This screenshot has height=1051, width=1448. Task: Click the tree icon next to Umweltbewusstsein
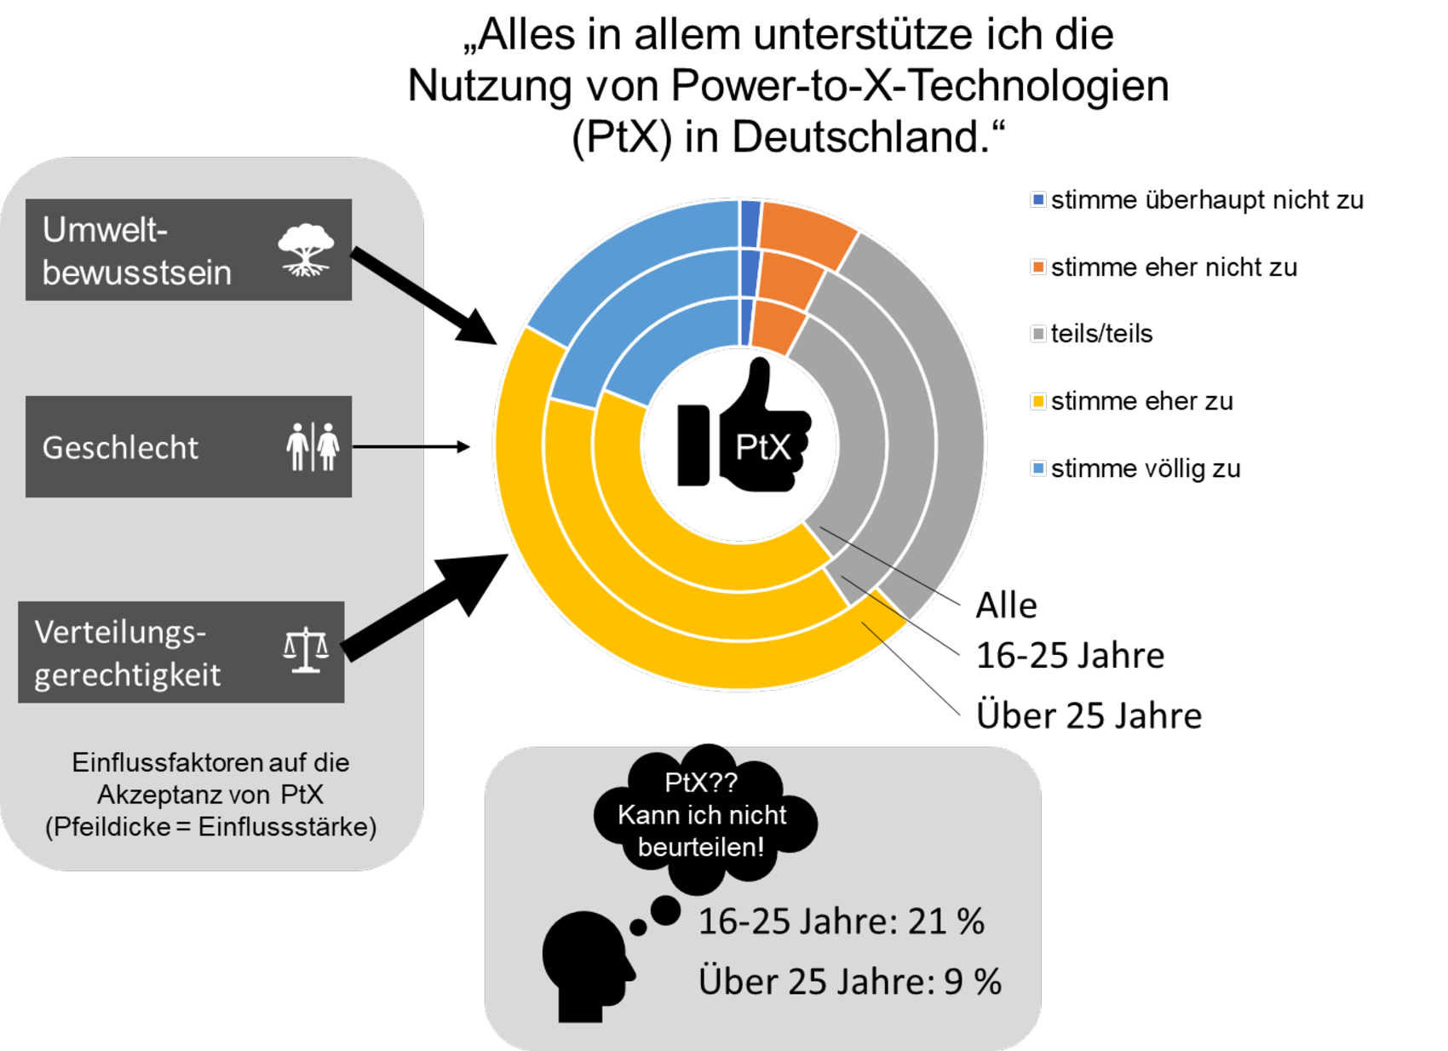tap(306, 250)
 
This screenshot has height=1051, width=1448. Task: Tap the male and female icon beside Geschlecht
tap(313, 446)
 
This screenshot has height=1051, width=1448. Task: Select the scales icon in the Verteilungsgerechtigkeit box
tap(306, 652)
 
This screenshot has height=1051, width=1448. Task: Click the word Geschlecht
tap(120, 448)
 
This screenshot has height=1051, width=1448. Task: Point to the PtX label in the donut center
tap(762, 447)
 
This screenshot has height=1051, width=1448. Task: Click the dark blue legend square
tap(1038, 199)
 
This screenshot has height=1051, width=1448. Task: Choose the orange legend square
tap(1038, 267)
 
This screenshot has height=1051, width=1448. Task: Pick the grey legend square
tap(1038, 334)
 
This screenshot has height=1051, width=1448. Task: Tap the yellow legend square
tap(1038, 401)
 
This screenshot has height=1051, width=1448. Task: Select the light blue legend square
tap(1038, 468)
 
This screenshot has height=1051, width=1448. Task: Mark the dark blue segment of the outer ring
tap(750, 224)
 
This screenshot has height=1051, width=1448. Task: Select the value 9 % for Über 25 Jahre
tap(972, 982)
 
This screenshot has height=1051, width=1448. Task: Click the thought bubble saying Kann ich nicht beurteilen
tap(702, 816)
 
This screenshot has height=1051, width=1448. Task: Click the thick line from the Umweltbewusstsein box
tap(388, 274)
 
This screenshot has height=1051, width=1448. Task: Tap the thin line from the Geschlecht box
tap(388, 446)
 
